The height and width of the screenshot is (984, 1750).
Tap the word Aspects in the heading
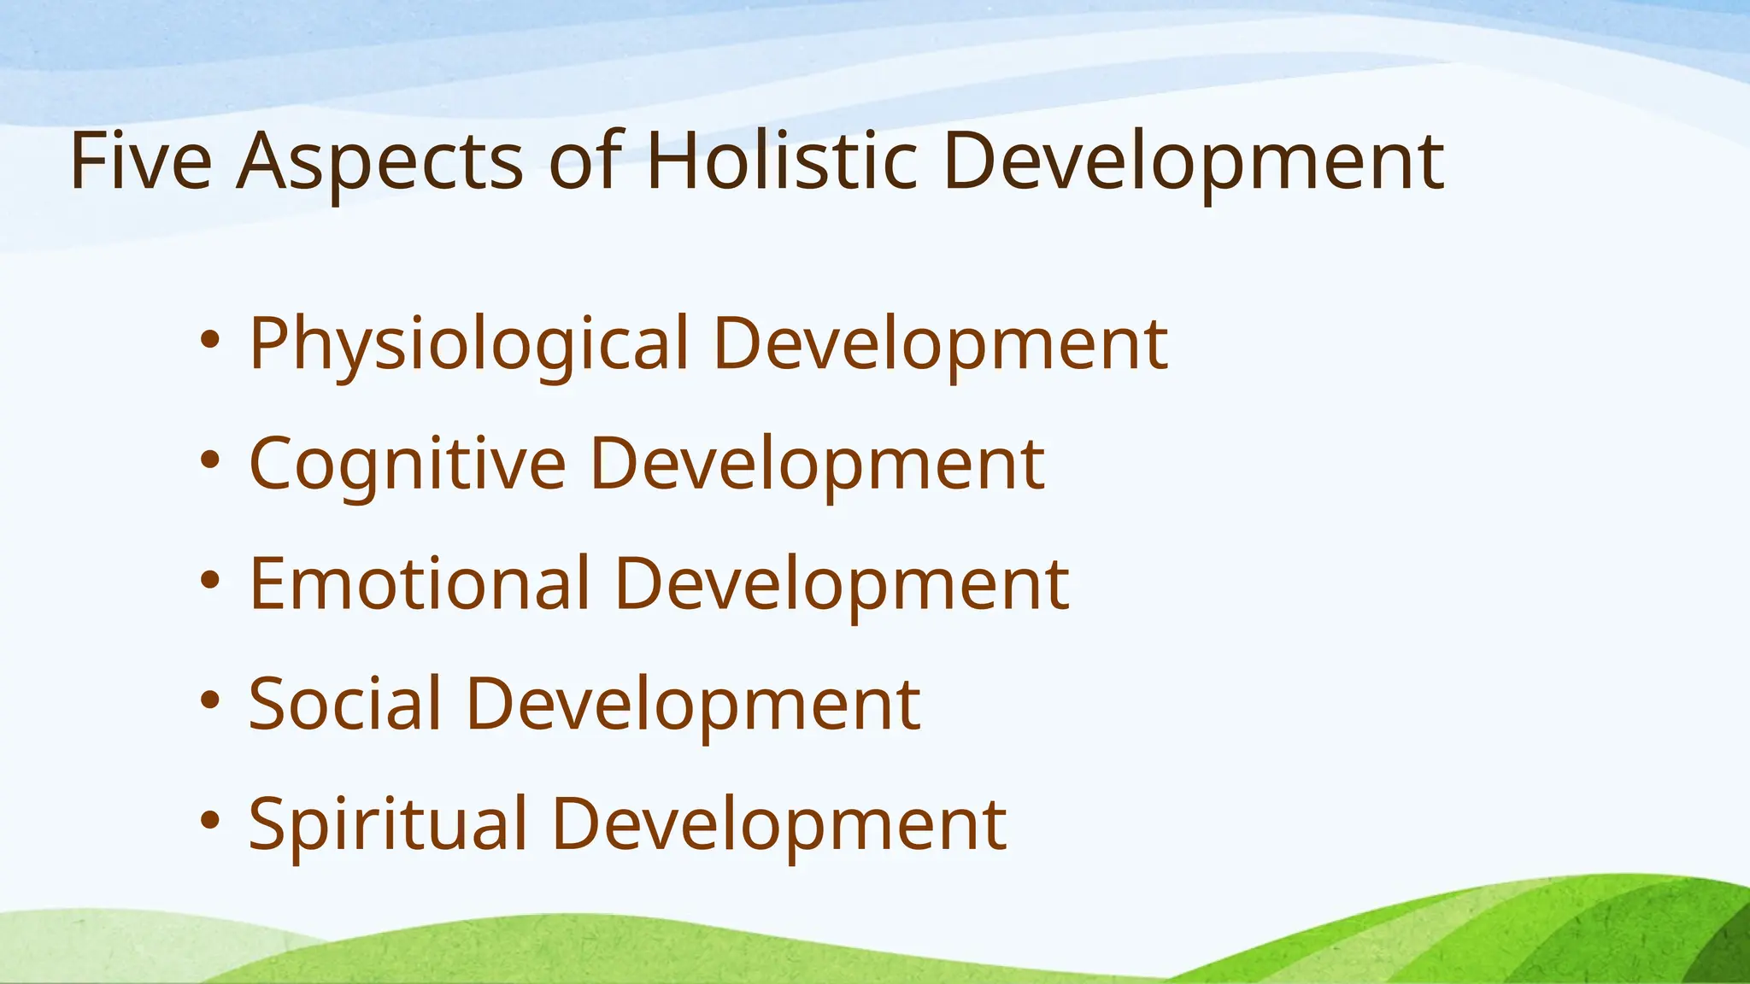point(379,162)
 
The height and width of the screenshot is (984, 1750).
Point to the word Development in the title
point(1193,162)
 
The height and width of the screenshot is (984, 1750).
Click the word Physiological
point(468,345)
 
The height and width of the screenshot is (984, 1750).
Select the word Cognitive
point(408,466)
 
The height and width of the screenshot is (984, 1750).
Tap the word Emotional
point(420,584)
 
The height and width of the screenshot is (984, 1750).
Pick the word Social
point(345,705)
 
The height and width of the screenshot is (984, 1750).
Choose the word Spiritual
point(388,825)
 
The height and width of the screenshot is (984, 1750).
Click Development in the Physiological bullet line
point(941,345)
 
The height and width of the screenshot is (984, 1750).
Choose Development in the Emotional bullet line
point(842,586)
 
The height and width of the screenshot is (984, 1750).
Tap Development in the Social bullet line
point(694,706)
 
